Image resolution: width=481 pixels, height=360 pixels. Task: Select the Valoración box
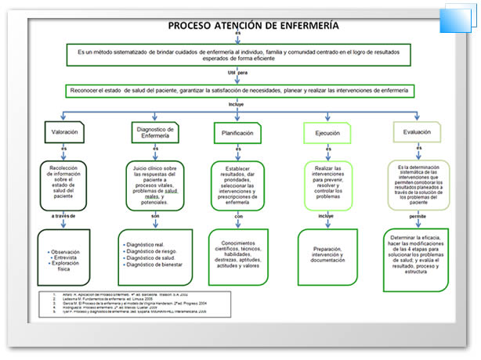(x=63, y=131)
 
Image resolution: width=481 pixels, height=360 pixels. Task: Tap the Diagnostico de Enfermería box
(x=154, y=133)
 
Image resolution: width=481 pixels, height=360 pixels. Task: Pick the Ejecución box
(x=327, y=133)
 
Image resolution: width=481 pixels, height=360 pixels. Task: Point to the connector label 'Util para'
(x=237, y=72)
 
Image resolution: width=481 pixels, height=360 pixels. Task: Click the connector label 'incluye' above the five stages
(x=236, y=104)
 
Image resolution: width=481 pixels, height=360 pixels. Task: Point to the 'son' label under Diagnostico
(x=154, y=214)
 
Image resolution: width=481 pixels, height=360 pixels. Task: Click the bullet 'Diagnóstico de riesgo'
(x=155, y=250)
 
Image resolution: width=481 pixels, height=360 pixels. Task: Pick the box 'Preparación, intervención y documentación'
(x=328, y=253)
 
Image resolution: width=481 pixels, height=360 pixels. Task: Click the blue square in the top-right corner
(x=455, y=20)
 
